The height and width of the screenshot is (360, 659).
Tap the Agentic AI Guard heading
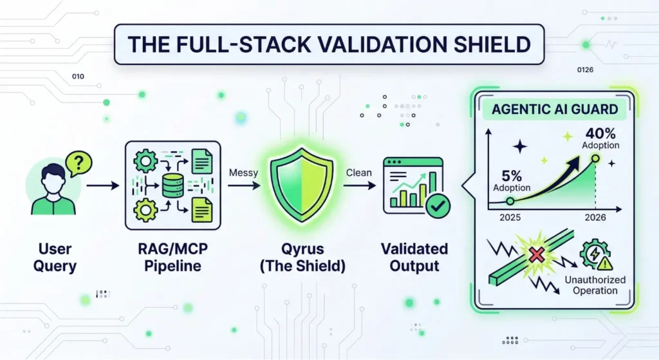pyautogui.click(x=553, y=109)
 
